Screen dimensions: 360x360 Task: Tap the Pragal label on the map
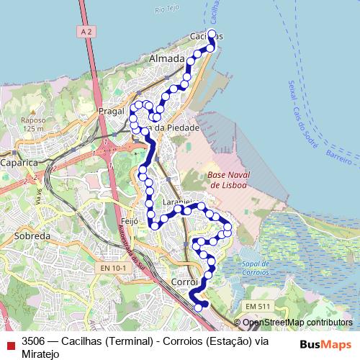(x=112, y=114)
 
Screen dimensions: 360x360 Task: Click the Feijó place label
(x=130, y=221)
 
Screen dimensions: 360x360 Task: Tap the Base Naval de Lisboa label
(x=227, y=180)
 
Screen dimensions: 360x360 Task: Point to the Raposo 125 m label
(x=33, y=124)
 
